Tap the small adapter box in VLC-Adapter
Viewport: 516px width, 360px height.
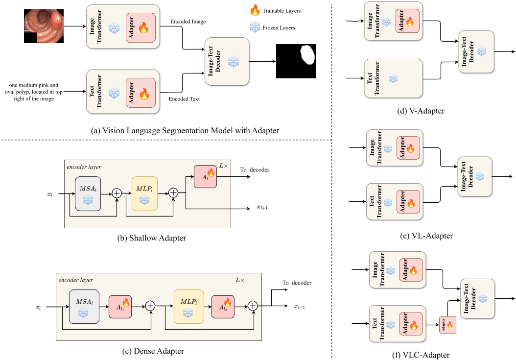tap(448, 325)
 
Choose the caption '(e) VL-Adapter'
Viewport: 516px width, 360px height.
tap(425, 236)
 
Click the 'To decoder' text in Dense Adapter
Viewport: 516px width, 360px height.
tap(297, 283)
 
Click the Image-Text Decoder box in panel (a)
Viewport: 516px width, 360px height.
tap(227, 61)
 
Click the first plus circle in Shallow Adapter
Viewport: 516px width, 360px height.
tap(117, 194)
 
